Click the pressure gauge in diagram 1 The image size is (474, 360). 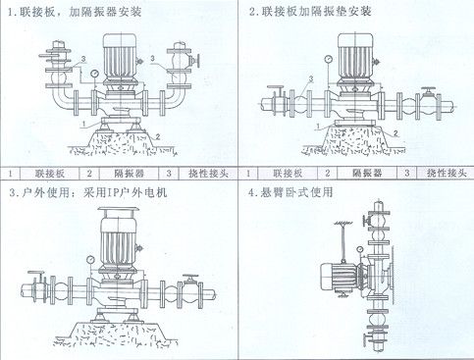[x=95, y=74]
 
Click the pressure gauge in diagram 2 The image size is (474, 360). [x=328, y=59]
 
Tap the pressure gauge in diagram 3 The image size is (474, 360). [x=90, y=260]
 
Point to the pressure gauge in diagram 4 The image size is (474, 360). [x=360, y=250]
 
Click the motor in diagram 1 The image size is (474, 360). [x=120, y=58]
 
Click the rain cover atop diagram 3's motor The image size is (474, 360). [x=119, y=209]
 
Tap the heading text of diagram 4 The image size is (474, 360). [x=290, y=192]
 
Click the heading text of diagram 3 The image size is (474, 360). [x=88, y=192]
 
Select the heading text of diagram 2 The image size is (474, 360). [x=310, y=12]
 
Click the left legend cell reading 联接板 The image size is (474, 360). [x=50, y=174]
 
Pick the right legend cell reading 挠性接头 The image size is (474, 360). [x=446, y=173]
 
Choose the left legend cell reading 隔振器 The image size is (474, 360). [x=129, y=174]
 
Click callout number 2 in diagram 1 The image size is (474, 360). [x=158, y=136]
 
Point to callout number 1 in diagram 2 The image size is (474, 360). [x=317, y=127]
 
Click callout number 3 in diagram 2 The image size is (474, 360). [x=311, y=78]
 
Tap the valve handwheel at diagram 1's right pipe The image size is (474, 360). [x=197, y=61]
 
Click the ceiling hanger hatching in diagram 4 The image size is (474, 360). [x=343, y=223]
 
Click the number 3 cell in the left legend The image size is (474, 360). [x=169, y=174]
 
